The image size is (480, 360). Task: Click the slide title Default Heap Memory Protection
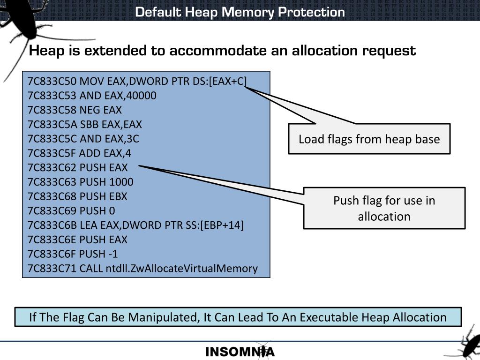pos(240,12)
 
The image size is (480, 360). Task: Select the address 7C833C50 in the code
pos(52,81)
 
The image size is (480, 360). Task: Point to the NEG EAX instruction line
pos(75,110)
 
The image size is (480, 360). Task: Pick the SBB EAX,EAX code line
pos(85,124)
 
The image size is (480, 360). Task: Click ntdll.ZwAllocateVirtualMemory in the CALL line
pos(181,269)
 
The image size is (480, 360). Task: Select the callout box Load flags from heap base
pos(369,139)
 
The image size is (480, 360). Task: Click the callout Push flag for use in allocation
pos(384,208)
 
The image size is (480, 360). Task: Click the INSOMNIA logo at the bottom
pos(240,352)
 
